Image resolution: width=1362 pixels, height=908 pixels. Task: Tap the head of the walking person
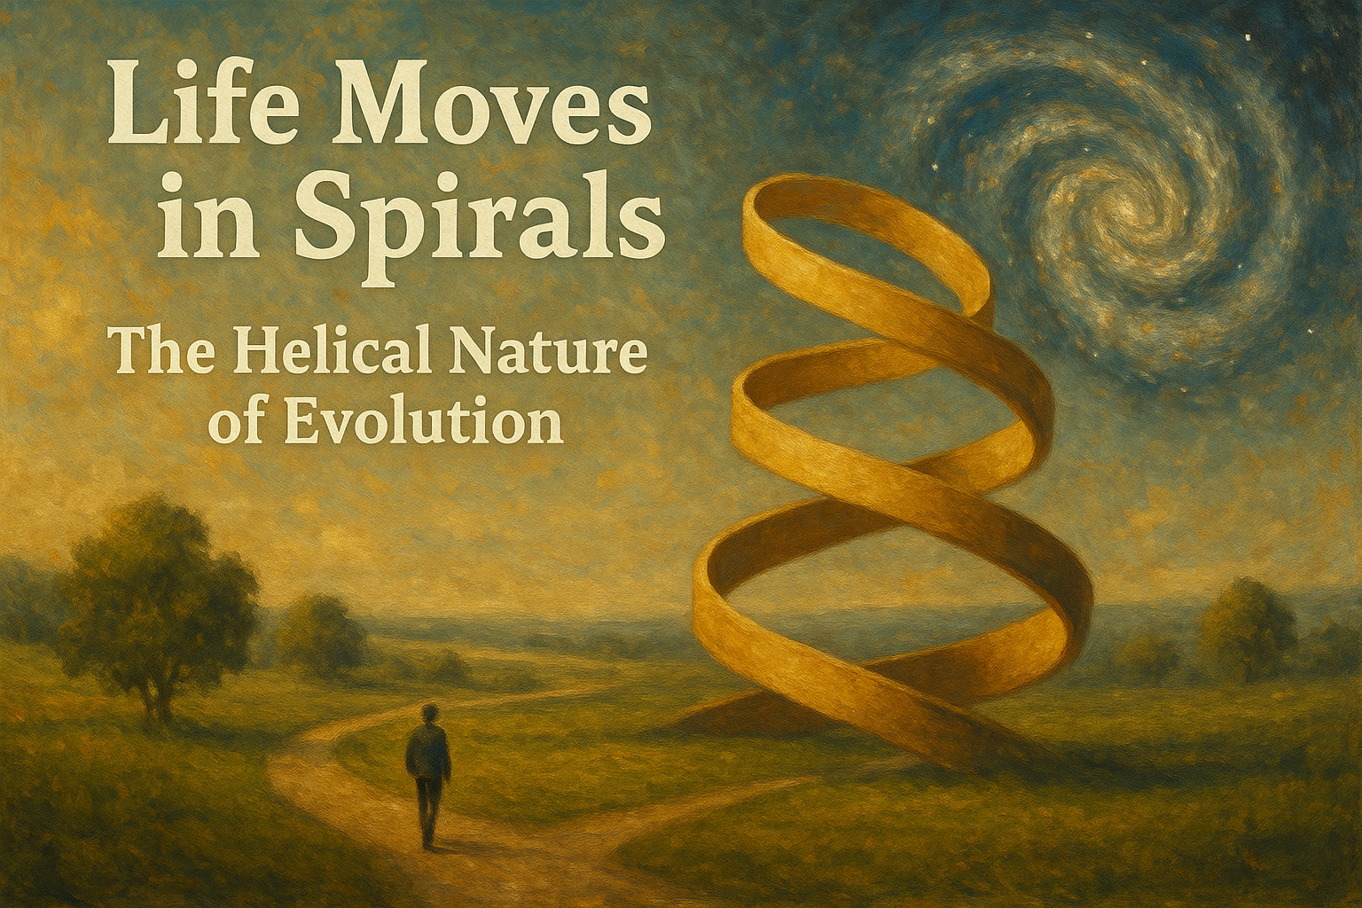429,713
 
